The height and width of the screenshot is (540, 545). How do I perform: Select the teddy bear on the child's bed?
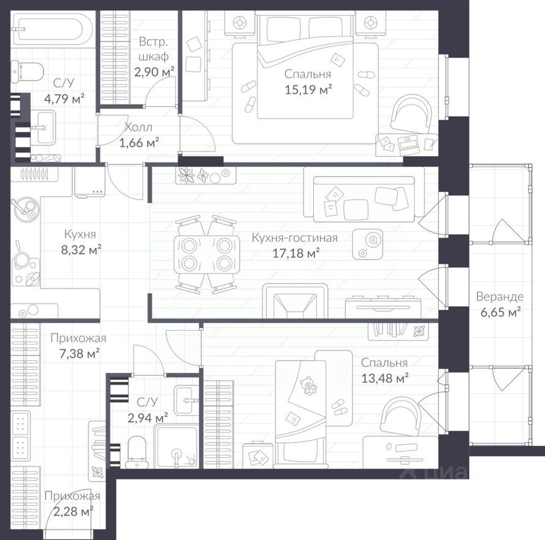pyautogui.click(x=308, y=385)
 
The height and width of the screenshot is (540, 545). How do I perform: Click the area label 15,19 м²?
pyautogui.click(x=308, y=90)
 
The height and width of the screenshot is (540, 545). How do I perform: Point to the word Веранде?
pyautogui.click(x=500, y=297)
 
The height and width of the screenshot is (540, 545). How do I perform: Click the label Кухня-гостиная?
pyautogui.click(x=294, y=237)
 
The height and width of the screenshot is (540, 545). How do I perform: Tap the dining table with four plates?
pyautogui.click(x=207, y=254)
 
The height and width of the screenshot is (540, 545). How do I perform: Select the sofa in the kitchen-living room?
pyautogui.click(x=364, y=195)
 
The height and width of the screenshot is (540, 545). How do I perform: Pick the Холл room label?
pyautogui.click(x=139, y=128)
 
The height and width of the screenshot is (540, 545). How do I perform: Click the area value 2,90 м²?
pyautogui.click(x=154, y=72)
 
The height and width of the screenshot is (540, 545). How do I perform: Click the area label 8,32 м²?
pyautogui.click(x=82, y=250)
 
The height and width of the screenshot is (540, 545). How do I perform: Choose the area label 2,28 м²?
pyautogui.click(x=74, y=512)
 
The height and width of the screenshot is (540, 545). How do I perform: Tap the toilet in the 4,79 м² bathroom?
pyautogui.click(x=27, y=72)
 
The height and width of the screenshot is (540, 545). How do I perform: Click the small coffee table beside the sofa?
pyautogui.click(x=367, y=244)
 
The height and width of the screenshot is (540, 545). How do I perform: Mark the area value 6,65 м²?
pyautogui.click(x=500, y=312)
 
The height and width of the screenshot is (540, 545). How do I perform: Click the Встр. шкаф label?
pyautogui.click(x=153, y=49)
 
